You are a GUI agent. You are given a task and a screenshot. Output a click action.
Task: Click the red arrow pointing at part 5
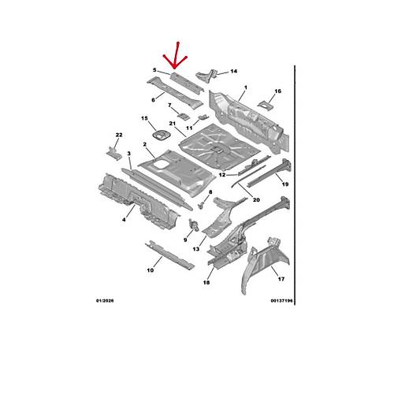pos(176,56)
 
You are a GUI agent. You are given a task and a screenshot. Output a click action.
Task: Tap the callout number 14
pos(234,71)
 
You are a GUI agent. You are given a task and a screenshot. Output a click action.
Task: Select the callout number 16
pos(278,91)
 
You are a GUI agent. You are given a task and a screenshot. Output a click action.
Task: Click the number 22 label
pos(119,135)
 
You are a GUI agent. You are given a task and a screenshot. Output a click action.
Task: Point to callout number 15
pos(144,118)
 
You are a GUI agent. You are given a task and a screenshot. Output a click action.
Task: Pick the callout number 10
pos(151,270)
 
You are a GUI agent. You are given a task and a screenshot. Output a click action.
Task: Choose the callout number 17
pos(281,279)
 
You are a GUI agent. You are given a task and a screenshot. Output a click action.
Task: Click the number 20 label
pos(256,200)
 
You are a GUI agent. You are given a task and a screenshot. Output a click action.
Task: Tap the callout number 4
pos(124,220)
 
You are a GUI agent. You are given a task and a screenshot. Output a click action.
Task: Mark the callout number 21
pos(173,123)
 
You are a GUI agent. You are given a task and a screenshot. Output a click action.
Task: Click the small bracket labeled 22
pos(114,153)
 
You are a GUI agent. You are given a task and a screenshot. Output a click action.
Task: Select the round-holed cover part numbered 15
pos(161,136)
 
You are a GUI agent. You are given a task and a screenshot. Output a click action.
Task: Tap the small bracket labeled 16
pos(266,105)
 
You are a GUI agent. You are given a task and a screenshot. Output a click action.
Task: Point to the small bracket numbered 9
pos(194,225)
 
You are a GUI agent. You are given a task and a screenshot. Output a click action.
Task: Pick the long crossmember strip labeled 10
pos(169,255)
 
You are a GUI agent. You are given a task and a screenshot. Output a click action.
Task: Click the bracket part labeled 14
pos(207,76)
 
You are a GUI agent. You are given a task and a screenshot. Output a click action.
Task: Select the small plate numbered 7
pos(184,116)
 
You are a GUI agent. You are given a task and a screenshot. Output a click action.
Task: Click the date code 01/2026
pos(105,301)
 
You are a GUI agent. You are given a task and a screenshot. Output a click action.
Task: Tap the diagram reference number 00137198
pos(281,301)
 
